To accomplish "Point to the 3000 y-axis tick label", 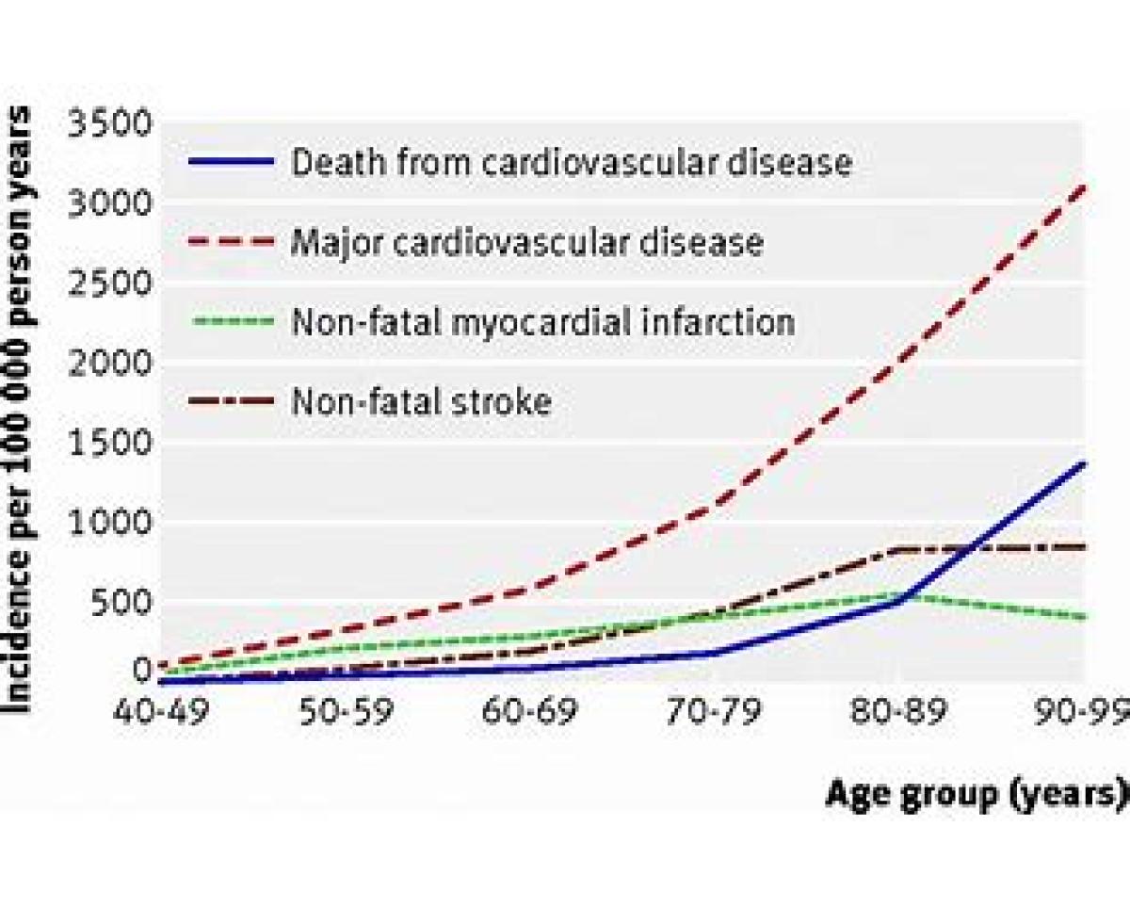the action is click(109, 203).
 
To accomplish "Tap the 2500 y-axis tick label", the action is click(109, 283).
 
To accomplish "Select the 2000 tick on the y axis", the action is click(109, 363).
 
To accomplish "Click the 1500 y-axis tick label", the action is click(109, 442).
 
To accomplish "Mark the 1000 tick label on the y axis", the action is click(109, 522).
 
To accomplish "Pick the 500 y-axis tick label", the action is click(121, 602).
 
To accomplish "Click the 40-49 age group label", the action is click(160, 711).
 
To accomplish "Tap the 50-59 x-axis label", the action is click(346, 711).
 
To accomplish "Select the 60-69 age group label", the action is click(530, 711).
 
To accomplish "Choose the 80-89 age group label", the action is click(899, 711).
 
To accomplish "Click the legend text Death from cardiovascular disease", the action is click(572, 162).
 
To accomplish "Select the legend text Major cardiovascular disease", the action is click(527, 243).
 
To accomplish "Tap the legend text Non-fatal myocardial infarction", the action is click(543, 321).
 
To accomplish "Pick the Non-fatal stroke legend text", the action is click(421, 401).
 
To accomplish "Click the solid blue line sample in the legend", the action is click(232, 161).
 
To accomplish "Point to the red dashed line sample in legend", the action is click(232, 241).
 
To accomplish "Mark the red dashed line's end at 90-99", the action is click(1083, 187).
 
